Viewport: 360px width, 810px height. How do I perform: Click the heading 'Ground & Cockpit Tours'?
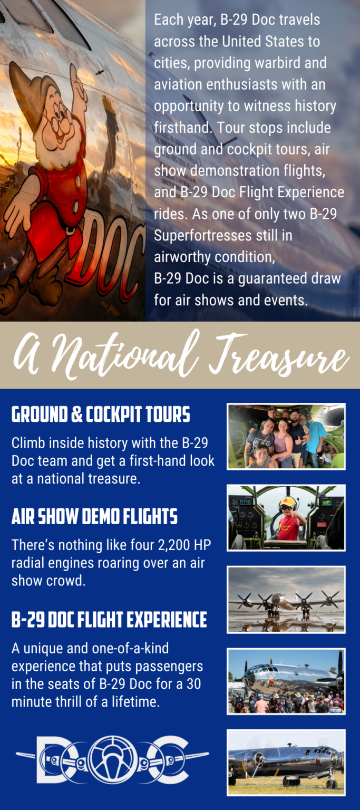pyautogui.click(x=101, y=415)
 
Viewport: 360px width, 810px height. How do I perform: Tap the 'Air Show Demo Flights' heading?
pyautogui.click(x=94, y=517)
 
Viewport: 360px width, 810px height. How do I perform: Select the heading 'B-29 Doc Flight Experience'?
pyautogui.click(x=109, y=620)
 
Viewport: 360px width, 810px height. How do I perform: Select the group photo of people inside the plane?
pyautogui.click(x=286, y=436)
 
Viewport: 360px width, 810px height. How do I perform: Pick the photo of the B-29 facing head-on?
pyautogui.click(x=286, y=600)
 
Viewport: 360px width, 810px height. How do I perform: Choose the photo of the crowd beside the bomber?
pyautogui.click(x=286, y=681)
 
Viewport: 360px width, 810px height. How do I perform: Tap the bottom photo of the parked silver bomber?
pyautogui.click(x=286, y=763)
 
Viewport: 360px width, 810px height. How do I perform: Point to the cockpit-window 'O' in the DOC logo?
pyautogui.click(x=112, y=760)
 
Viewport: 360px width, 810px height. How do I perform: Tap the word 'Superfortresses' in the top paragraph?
pyautogui.click(x=203, y=235)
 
